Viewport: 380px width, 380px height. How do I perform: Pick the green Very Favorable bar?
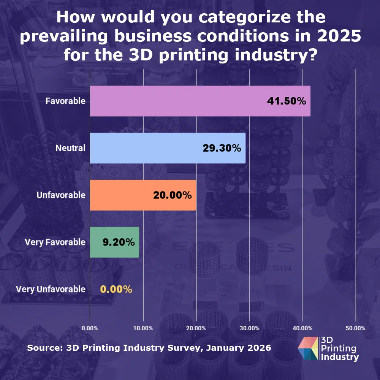click(x=114, y=242)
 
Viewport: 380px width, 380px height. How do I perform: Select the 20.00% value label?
click(x=172, y=195)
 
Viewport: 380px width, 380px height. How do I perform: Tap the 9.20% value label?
click(x=119, y=242)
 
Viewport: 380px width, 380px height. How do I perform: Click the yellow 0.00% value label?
click(x=116, y=289)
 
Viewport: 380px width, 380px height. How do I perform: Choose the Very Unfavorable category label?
click(x=51, y=289)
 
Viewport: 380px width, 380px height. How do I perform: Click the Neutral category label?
click(x=70, y=148)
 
